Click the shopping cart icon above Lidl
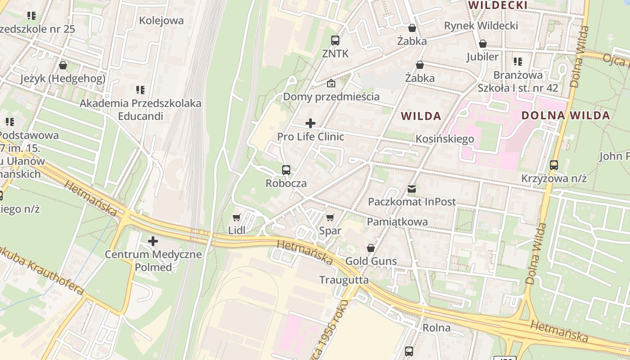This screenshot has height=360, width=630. [236, 218]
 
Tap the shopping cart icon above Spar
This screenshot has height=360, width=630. [330, 218]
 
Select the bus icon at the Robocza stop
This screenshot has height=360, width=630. [286, 170]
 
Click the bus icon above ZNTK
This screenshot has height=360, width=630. [335, 40]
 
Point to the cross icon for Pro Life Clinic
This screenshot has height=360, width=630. [310, 123]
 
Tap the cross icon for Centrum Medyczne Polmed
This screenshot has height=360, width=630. [153, 241]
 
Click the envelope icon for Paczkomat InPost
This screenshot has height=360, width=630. [412, 189]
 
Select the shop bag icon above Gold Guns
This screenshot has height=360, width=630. [370, 248]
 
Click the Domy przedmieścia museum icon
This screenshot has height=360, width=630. [331, 83]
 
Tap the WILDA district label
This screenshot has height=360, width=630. [421, 116]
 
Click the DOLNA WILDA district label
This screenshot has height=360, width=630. [565, 115]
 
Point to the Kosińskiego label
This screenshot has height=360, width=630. [445, 139]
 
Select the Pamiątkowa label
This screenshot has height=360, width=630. [397, 221]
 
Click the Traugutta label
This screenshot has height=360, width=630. [344, 280]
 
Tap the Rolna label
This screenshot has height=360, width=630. [436, 328]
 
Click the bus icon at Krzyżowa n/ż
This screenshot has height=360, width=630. [553, 165]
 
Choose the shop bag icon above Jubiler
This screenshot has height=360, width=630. [482, 44]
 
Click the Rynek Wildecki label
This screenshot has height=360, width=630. [481, 26]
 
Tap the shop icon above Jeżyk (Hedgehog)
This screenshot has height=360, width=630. [63, 65]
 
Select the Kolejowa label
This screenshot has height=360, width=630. [161, 20]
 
